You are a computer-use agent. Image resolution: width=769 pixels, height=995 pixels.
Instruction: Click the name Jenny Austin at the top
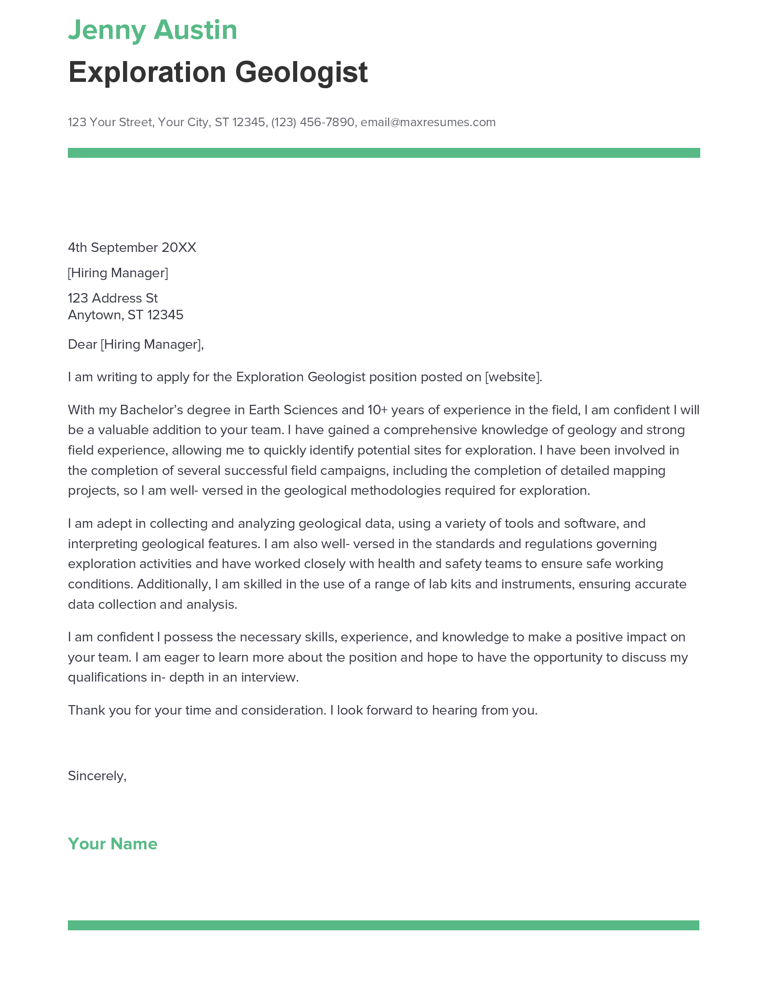(152, 30)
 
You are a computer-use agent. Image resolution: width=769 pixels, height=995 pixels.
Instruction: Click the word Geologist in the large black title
(301, 72)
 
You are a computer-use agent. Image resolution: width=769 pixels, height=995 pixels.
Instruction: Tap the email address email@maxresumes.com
(428, 122)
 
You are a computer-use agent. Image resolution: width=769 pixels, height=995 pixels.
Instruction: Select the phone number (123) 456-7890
(313, 122)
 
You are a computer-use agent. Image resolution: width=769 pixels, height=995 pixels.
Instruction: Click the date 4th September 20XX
(132, 247)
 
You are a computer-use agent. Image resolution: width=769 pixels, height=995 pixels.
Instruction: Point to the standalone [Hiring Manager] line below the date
(118, 273)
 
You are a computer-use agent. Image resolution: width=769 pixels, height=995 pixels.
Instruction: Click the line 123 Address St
(113, 298)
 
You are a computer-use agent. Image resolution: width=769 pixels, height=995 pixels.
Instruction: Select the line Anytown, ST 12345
(125, 315)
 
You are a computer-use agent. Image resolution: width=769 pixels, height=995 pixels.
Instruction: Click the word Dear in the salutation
(82, 345)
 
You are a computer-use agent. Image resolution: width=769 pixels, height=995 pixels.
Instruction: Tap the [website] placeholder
(513, 377)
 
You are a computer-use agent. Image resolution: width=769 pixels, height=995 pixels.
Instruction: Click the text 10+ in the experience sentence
(377, 410)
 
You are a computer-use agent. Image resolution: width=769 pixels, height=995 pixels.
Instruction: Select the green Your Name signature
(113, 844)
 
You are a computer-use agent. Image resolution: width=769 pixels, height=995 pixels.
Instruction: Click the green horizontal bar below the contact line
(384, 152)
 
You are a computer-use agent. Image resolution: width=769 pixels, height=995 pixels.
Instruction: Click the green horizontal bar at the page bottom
(384, 925)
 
